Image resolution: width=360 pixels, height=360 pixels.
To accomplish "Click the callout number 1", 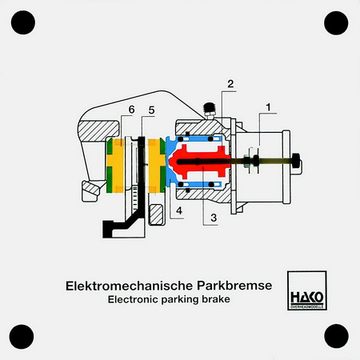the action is point(268,107).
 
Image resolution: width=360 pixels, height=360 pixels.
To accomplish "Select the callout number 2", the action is point(230,84).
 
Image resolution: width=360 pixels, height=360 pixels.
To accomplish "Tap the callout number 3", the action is point(214,218).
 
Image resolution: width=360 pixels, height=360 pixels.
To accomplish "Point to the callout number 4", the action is point(179,210).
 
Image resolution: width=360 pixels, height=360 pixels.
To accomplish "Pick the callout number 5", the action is point(151,110).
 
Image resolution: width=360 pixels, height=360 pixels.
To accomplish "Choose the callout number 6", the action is point(131,110).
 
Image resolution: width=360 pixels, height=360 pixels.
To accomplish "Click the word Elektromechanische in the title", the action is point(129,286).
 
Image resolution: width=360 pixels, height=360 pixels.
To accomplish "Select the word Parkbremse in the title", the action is point(234,286).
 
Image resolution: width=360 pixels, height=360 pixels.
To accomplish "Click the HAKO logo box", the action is point(307,290).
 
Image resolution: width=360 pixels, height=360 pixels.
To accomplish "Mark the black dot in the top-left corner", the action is point(23,22).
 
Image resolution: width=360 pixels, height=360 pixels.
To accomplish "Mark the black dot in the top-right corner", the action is point(336,23).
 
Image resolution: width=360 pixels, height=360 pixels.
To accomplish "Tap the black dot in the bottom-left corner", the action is point(22,337).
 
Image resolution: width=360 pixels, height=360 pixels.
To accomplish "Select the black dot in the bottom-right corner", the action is point(336,336).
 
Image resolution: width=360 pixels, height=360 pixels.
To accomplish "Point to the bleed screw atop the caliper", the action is point(210,111).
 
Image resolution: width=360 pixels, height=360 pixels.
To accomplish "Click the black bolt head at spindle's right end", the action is point(296,161).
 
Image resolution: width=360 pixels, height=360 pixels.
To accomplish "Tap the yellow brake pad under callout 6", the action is point(115,166).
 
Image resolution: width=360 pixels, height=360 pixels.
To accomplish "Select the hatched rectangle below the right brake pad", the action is point(157,214).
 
